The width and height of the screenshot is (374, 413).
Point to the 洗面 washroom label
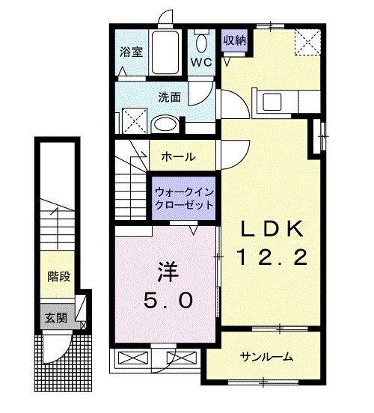169,97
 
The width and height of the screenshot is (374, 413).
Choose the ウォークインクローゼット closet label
184,198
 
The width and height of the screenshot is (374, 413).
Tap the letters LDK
271,228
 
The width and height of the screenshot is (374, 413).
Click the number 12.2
271,258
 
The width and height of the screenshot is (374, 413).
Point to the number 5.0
168,302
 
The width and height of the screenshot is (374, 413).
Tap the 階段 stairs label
59,277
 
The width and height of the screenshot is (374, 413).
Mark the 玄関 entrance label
55,317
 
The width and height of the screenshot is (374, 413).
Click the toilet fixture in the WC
200,41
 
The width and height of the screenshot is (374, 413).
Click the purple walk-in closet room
184,198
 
